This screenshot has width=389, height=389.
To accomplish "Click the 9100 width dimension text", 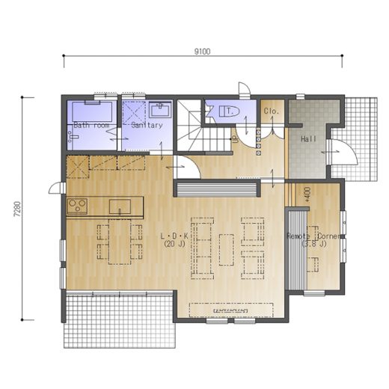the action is [202, 52].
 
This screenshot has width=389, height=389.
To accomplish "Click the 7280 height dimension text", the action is [18, 209].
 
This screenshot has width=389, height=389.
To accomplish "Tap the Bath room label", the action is [91, 125].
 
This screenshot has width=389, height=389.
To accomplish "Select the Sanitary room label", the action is [147, 125].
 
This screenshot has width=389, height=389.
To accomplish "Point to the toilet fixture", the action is [229, 111].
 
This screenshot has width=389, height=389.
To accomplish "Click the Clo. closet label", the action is [272, 111].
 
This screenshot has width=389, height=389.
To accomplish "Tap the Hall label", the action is [308, 139].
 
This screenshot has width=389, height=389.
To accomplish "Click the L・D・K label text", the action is [174, 236].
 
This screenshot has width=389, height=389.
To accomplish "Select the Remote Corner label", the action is [314, 236].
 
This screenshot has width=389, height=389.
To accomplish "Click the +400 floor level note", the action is [307, 194].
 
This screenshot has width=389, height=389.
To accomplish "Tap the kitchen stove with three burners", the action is [77, 206].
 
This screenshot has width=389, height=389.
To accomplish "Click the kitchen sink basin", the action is [120, 206].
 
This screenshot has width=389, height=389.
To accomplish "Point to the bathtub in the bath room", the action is [92, 111].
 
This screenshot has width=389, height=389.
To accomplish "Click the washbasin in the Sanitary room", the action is [160, 111].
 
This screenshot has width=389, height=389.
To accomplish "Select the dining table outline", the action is [120, 242].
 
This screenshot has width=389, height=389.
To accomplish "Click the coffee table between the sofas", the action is [227, 250].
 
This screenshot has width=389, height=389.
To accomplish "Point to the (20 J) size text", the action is [174, 244].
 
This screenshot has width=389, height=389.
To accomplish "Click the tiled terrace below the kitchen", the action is [120, 320].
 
